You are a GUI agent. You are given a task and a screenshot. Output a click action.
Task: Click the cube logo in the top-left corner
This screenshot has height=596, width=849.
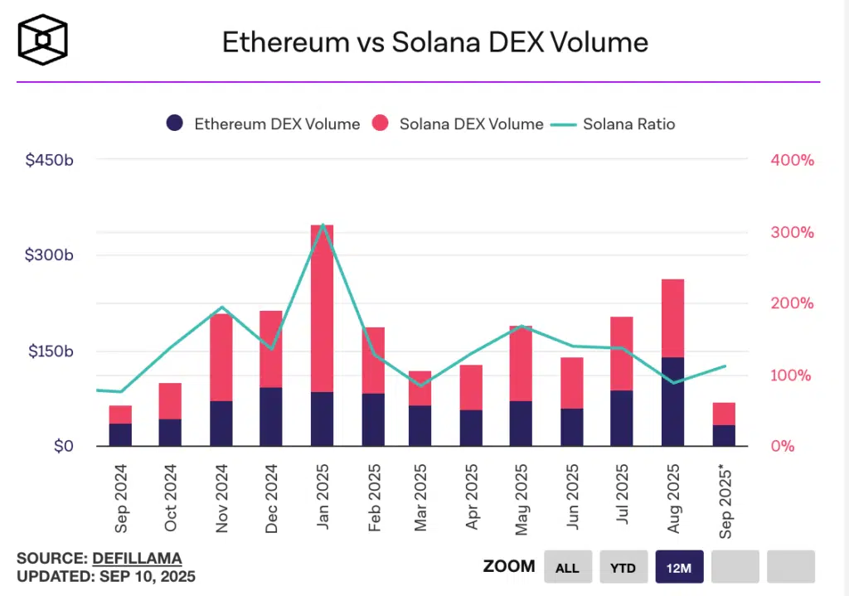tap(43, 40)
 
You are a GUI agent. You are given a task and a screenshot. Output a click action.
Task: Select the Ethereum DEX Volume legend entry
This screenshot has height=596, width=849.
tap(263, 124)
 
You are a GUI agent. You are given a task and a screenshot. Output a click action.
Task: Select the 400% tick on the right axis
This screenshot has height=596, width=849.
tap(792, 160)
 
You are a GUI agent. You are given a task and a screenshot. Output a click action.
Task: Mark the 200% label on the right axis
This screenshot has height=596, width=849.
tap(792, 303)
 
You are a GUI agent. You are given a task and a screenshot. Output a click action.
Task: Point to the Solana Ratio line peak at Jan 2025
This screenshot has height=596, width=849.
tap(322, 225)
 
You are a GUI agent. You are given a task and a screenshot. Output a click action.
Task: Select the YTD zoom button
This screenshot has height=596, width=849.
tap(623, 567)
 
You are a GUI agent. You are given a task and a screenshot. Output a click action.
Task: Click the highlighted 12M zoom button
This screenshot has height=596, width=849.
tap(679, 567)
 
